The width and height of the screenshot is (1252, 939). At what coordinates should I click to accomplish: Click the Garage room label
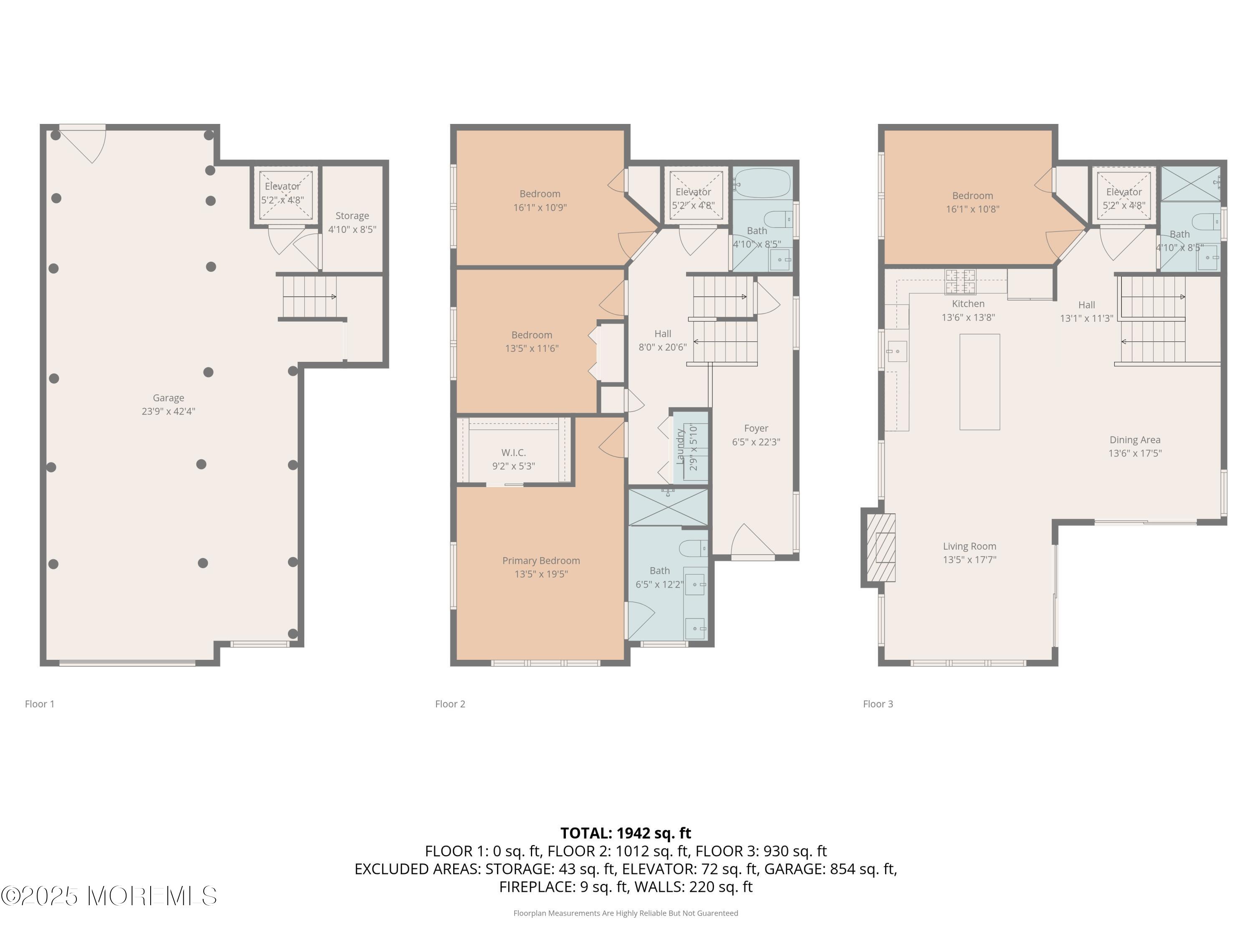point(168,398)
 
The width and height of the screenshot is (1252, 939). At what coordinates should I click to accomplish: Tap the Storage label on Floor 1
point(352,216)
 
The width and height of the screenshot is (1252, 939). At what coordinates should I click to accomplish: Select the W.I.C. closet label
point(513,453)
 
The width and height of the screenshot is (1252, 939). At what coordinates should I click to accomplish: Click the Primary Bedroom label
point(541,560)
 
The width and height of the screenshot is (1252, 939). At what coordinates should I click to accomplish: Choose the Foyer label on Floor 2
point(756,429)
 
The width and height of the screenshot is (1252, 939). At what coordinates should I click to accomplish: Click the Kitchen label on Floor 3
point(968,304)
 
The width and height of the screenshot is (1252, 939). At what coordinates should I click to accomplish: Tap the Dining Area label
point(1135,440)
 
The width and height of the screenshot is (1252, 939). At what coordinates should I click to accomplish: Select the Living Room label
point(969,546)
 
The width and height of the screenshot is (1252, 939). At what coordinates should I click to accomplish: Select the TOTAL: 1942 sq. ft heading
point(626,833)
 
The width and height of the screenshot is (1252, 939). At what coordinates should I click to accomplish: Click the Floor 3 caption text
point(878,704)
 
